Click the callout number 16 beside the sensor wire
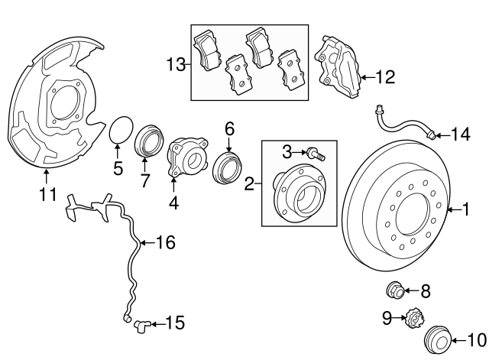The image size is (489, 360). (166, 243)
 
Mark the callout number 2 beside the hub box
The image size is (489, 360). (249, 183)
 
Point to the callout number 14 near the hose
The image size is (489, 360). (460, 135)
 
